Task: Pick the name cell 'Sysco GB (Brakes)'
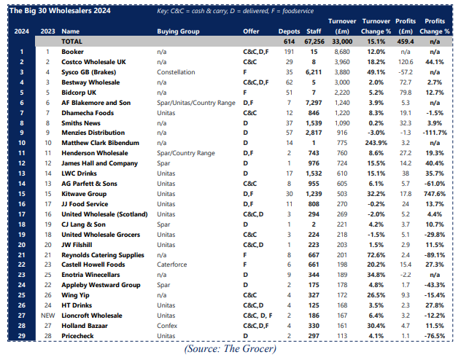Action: pyautogui.click(x=90, y=73)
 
